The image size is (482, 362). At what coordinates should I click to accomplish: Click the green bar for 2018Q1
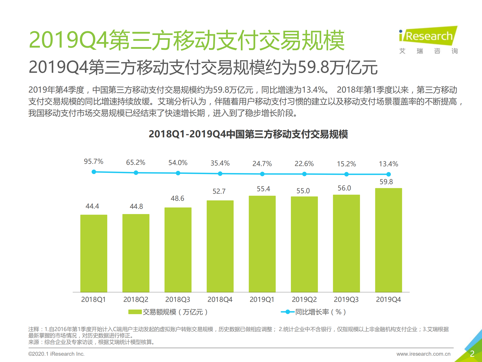point(94,253)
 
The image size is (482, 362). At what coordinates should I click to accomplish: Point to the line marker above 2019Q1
point(262,174)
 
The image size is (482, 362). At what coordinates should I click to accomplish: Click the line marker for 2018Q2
point(136,173)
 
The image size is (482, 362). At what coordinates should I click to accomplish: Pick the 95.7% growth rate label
point(93,162)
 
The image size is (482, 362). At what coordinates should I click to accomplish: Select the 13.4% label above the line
point(388,164)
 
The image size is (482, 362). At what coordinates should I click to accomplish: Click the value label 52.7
point(219,191)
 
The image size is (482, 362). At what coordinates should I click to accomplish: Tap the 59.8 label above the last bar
point(386,182)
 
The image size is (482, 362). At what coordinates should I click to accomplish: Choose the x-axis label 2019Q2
point(304,299)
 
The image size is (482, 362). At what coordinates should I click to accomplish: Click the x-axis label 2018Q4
point(220,299)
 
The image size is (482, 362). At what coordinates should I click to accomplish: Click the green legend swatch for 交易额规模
point(135,312)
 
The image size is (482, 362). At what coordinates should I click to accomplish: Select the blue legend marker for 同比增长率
point(287,312)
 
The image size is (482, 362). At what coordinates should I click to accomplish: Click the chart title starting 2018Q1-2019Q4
point(248,134)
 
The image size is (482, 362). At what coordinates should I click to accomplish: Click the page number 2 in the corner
point(472,354)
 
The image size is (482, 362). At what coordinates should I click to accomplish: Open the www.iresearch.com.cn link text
point(423,354)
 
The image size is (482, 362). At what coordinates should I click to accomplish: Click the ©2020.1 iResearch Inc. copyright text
point(56,354)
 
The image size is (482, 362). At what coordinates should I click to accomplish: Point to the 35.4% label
point(220,163)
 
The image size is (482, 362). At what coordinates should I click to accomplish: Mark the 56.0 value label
point(344,188)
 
